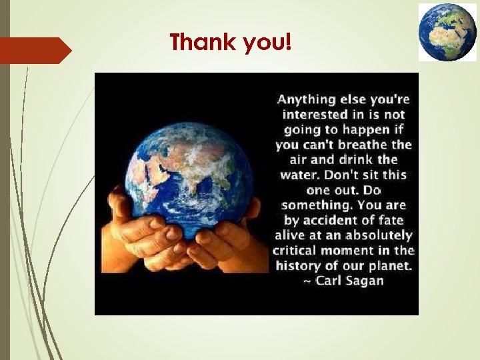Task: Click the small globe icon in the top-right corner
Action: click(447, 31)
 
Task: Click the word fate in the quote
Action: click(388, 221)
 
